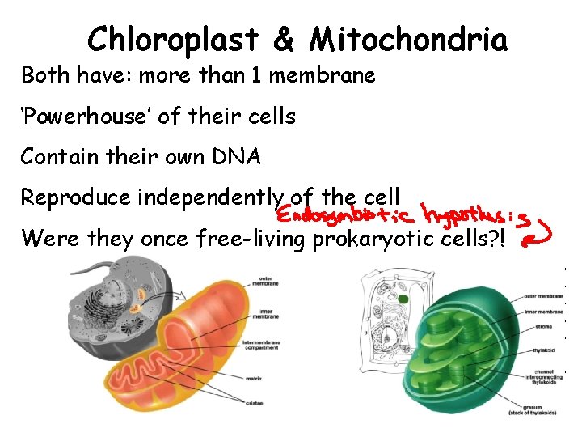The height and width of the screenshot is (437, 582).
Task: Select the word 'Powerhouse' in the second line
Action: pyautogui.click(x=86, y=117)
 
